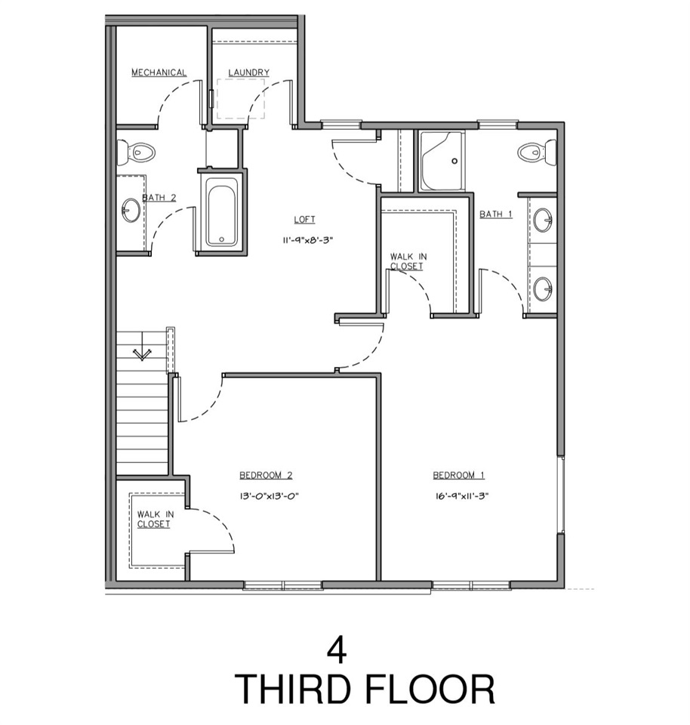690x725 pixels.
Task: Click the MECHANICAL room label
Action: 159,72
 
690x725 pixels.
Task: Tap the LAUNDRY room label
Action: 248,72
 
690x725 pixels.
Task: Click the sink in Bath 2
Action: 131,210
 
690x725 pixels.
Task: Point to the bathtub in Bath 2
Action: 222,212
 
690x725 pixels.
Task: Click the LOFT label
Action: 305,220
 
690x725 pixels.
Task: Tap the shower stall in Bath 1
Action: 442,162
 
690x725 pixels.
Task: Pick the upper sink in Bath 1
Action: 543,221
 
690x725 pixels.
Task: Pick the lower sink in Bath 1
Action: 543,288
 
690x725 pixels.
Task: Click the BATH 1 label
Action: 496,214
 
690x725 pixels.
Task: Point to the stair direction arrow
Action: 141,353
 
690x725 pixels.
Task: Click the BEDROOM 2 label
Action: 266,475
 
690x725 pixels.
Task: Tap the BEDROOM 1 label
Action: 458,475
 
